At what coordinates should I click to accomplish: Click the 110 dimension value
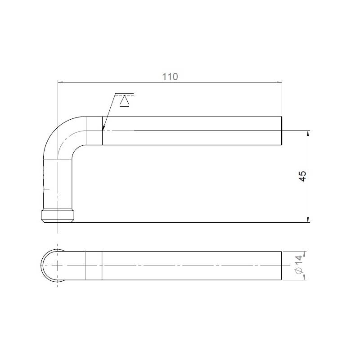[170, 76]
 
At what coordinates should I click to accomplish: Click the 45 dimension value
[302, 176]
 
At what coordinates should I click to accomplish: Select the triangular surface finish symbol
[125, 101]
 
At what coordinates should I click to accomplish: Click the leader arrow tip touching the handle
[103, 129]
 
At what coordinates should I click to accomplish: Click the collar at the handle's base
[58, 216]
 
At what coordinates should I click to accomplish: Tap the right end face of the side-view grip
[281, 130]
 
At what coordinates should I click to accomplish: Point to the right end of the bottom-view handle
[281, 265]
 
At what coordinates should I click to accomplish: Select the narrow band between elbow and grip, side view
[94, 130]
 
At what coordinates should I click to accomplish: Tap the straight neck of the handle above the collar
[58, 184]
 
